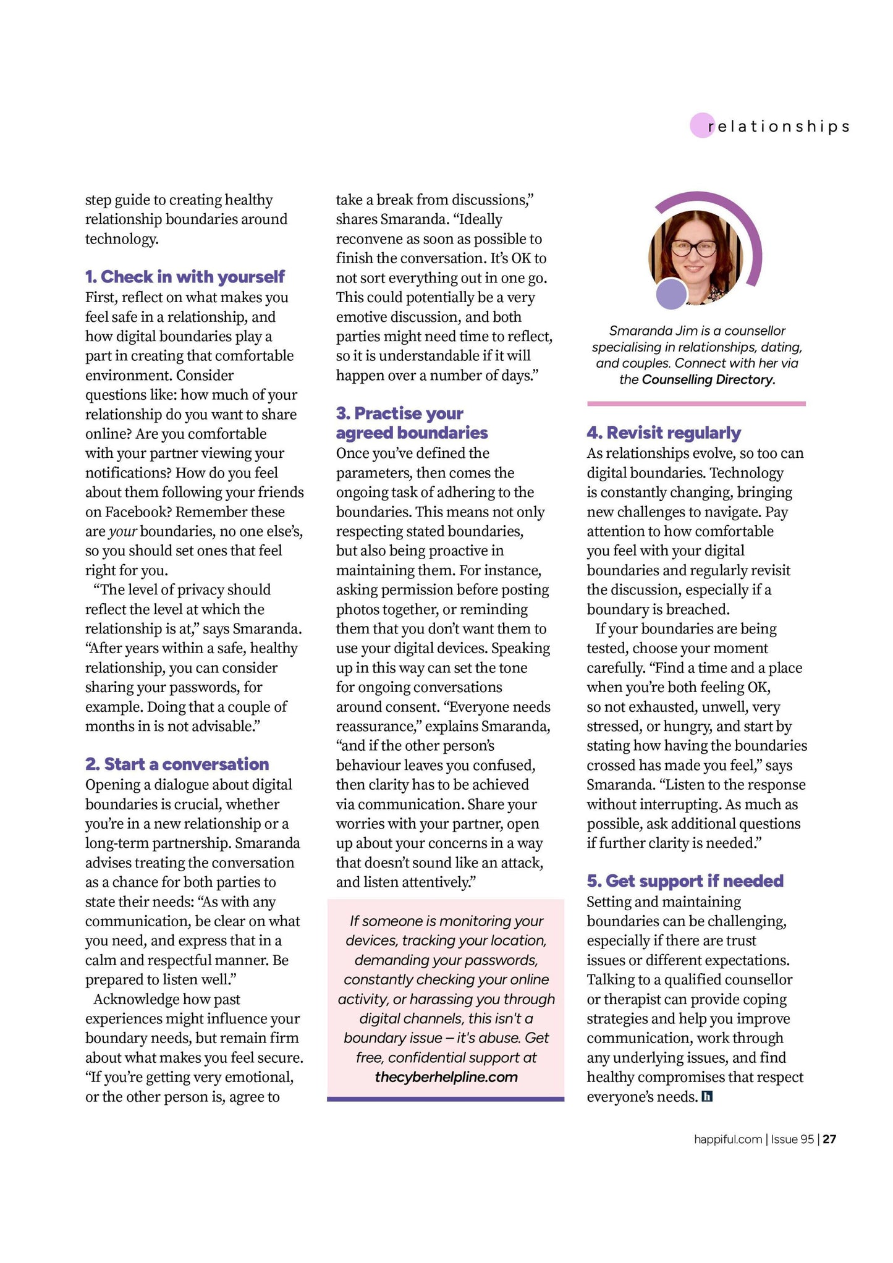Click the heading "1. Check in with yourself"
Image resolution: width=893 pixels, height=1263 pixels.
coord(185,277)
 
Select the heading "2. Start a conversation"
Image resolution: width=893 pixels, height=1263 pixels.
coord(177,764)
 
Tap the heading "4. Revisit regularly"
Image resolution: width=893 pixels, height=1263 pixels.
coord(664,433)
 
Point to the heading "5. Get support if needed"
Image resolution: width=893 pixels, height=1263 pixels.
coord(685,881)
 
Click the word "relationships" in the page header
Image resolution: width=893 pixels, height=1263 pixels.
coord(779,127)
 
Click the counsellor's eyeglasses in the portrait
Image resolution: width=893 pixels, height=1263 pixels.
coord(693,248)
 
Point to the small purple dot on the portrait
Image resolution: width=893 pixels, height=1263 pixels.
coord(671,294)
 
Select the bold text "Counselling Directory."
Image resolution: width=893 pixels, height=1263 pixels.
coord(708,379)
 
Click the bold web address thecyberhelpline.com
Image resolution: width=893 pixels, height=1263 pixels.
coord(446,1077)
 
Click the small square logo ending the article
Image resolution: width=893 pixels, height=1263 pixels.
coord(708,1097)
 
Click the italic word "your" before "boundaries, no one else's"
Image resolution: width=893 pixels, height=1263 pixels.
coord(122,532)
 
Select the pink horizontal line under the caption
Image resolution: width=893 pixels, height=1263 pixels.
coord(696,403)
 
